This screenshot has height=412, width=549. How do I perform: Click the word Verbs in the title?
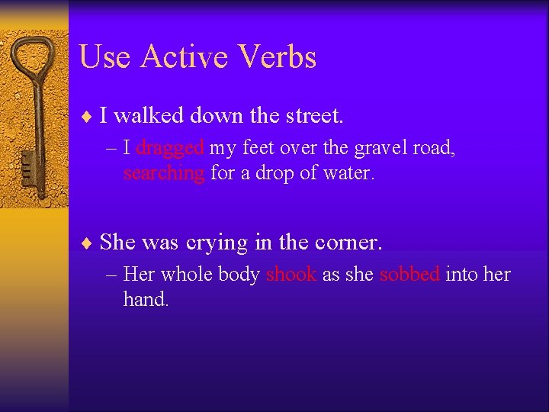(278, 57)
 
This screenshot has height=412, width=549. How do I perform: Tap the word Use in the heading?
(104, 57)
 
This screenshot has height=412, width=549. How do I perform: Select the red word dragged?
(169, 147)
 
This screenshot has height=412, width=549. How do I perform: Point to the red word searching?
(163, 173)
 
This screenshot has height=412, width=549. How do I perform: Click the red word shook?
(291, 275)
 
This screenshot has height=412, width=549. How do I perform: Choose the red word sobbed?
(409, 275)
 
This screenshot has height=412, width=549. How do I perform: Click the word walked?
(149, 116)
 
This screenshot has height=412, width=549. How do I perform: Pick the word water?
(348, 173)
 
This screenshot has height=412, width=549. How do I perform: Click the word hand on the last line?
(144, 300)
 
